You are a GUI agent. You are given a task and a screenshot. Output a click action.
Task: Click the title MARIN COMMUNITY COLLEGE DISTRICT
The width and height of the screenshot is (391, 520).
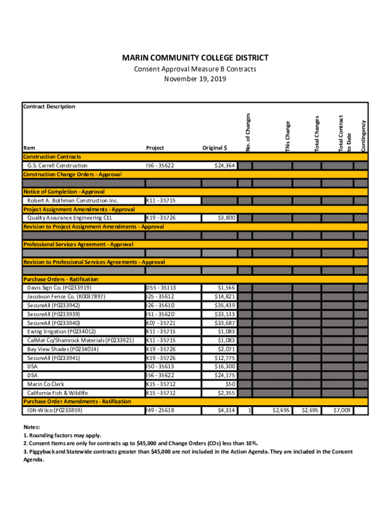coord(195,58)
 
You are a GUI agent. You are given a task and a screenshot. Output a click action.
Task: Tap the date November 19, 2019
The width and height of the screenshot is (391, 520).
coord(195,79)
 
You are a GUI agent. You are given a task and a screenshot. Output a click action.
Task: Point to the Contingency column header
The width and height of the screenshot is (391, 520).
coord(363,136)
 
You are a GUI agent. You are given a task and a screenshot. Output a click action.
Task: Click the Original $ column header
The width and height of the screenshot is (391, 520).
coord(215,148)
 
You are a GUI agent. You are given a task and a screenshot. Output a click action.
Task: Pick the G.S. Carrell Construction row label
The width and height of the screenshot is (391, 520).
coord(57,166)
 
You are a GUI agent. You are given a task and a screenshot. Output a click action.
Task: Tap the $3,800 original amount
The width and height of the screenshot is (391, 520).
coord(226,218)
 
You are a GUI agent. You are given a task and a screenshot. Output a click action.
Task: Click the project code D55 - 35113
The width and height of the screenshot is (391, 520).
coord(160,288)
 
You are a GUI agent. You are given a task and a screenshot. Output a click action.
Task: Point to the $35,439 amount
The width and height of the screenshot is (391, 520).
coord(224,305)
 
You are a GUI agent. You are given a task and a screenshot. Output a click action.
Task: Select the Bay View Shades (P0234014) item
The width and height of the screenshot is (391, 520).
coord(62,349)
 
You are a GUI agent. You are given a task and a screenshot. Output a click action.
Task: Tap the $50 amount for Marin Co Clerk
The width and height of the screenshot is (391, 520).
coord(230,384)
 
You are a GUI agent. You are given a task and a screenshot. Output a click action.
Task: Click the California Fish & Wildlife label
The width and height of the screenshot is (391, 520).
coord(57,393)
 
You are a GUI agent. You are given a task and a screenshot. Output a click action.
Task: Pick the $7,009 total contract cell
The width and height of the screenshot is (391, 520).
coord(341,410)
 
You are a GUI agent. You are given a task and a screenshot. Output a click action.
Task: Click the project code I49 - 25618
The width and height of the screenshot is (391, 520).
coord(160,410)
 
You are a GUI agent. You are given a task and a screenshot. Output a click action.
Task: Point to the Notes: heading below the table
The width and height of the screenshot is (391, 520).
coord(31,428)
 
